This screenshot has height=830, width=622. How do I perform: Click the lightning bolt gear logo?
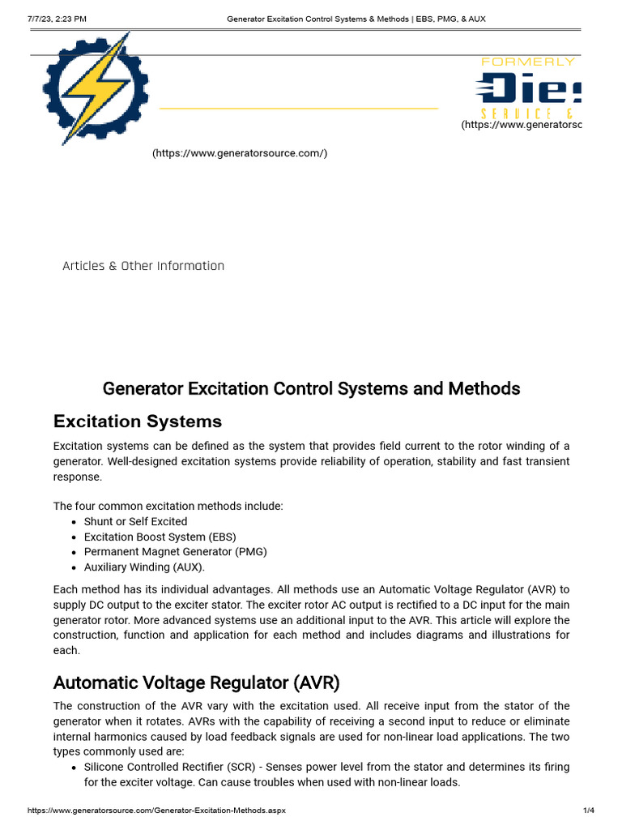pos(96,88)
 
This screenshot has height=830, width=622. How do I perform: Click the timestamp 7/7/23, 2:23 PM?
pos(58,19)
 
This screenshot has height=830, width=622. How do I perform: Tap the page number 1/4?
pos(589,811)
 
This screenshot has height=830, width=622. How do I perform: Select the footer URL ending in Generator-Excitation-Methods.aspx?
pos(156,811)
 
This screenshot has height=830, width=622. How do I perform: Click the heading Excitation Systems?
pos(137,421)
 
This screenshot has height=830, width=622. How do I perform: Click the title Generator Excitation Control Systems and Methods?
pos(311,388)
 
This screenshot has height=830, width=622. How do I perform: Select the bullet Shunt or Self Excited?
pos(135,521)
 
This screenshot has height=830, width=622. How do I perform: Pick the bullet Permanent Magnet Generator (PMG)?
pos(175,551)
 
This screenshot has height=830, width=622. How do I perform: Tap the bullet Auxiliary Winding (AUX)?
pos(144,567)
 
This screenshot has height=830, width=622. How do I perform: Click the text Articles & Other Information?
pos(143,266)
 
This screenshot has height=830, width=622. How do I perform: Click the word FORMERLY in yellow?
pos(527,62)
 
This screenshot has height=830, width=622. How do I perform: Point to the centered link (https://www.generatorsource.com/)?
pos(240,153)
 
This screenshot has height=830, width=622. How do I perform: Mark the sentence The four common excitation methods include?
pos(168,506)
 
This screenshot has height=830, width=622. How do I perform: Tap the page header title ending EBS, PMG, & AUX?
pos(356,19)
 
